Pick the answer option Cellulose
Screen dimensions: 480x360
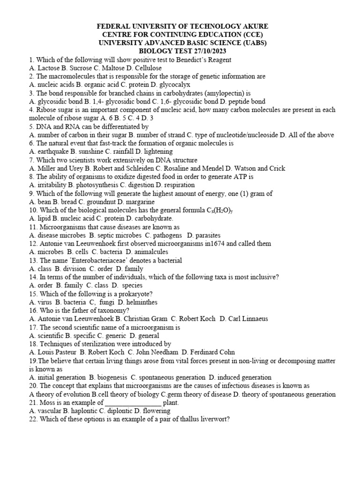(146, 68)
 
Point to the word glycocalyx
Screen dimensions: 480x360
(173, 85)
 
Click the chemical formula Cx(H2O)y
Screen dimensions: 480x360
(220, 210)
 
